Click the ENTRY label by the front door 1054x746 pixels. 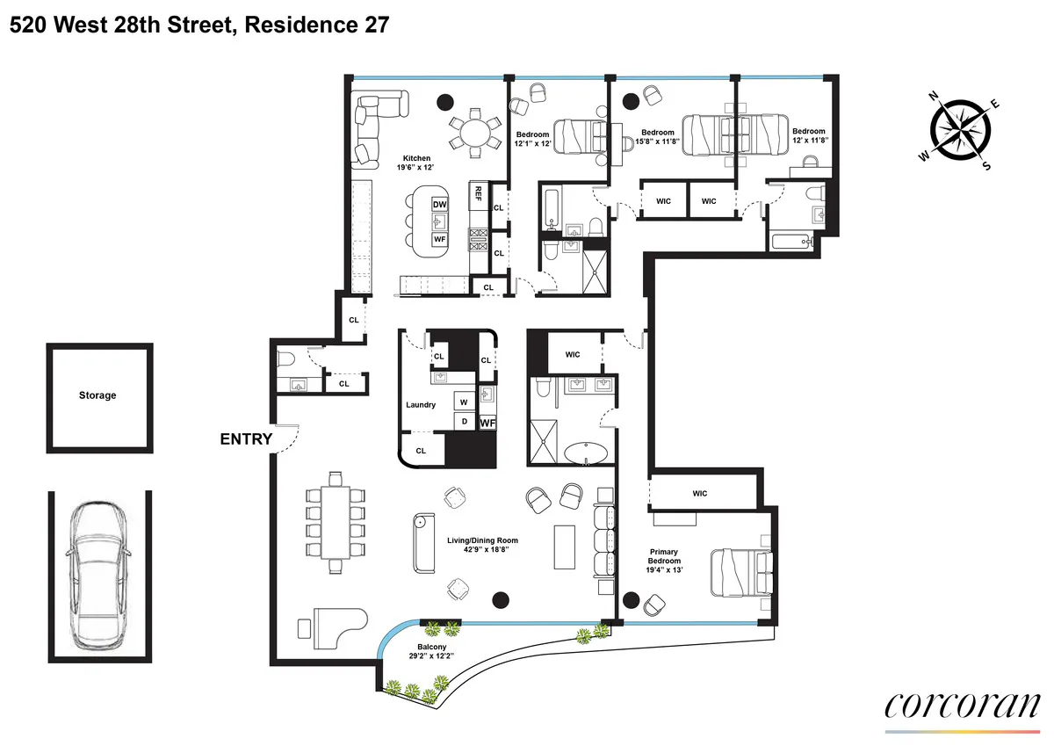pyautogui.click(x=246, y=439)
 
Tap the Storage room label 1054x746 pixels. pyautogui.click(x=97, y=395)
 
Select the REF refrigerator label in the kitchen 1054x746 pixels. pyautogui.click(x=479, y=193)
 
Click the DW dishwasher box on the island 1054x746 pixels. pyautogui.click(x=440, y=205)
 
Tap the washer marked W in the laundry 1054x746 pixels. pyautogui.click(x=463, y=402)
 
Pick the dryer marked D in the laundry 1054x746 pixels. pyautogui.click(x=463, y=422)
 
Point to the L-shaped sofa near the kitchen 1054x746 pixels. pyautogui.click(x=376, y=127)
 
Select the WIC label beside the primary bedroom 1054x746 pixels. pyautogui.click(x=699, y=493)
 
